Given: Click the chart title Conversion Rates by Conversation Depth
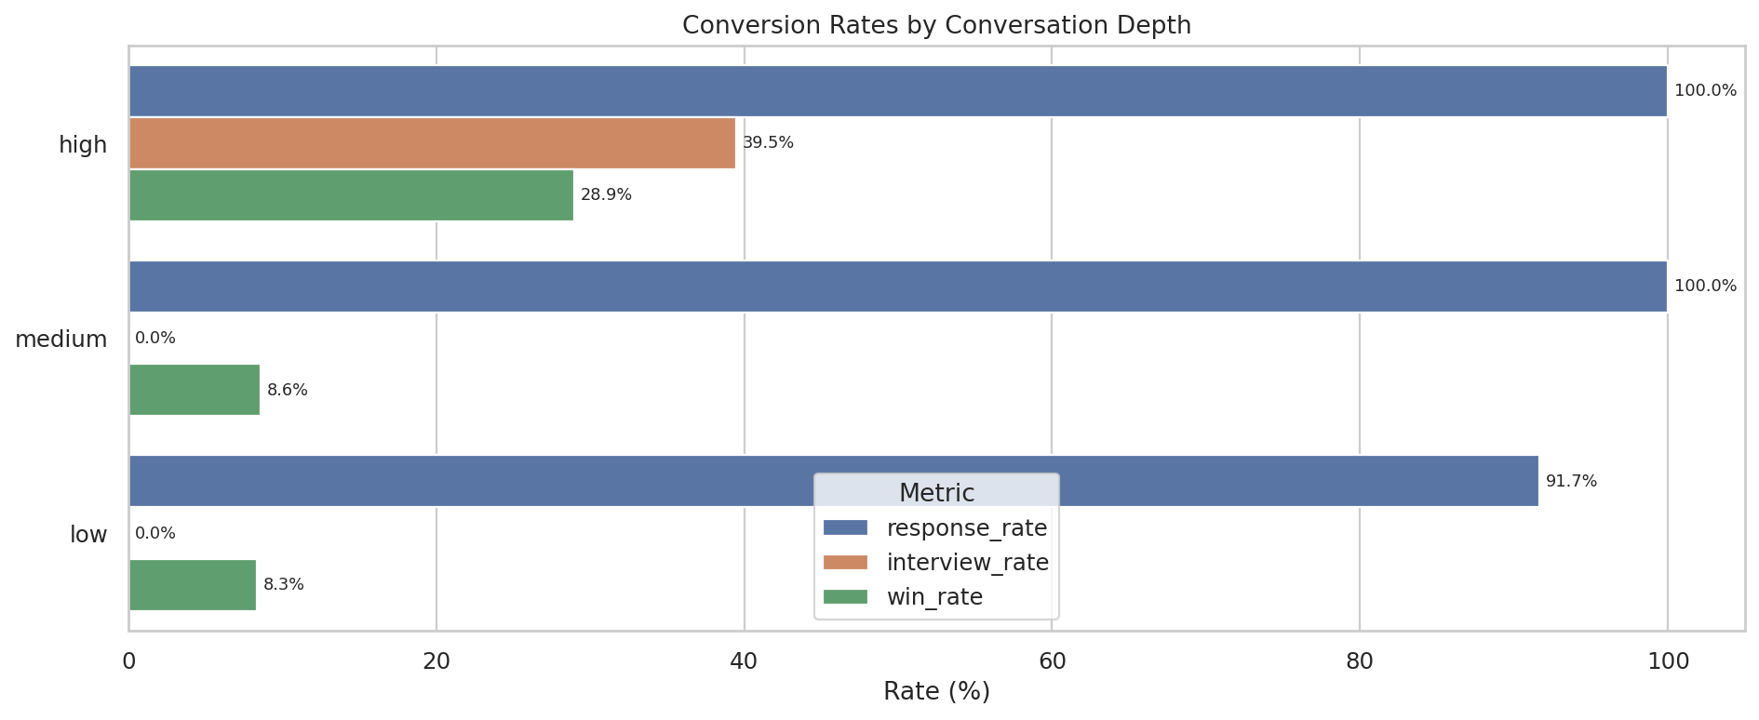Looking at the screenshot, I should coord(936,25).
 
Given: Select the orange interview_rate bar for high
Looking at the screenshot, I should coord(432,143).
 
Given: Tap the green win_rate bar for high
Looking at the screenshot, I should coord(351,195).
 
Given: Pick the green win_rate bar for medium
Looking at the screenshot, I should coord(195,390).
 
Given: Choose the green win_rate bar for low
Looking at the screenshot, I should coord(193,585).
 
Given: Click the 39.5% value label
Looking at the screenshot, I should coord(768,143).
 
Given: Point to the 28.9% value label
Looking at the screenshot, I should coord(606,195).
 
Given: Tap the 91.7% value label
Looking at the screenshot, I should coord(1571,482).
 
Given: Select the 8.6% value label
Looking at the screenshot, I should coord(288,391).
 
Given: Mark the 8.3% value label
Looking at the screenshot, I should coord(284,585).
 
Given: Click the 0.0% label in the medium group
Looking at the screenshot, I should coord(155,339).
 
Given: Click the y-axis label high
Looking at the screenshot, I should coord(83,145).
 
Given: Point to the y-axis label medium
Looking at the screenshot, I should coord(61,340).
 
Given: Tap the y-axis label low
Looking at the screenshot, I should coord(88,535).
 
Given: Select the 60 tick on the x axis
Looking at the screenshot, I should coord(1052,662).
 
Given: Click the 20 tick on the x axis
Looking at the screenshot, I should coord(436,662).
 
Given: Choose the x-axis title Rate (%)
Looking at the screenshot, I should coord(936,692).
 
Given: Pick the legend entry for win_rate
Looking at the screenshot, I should coord(934,597).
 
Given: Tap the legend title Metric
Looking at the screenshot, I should coord(936,493).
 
